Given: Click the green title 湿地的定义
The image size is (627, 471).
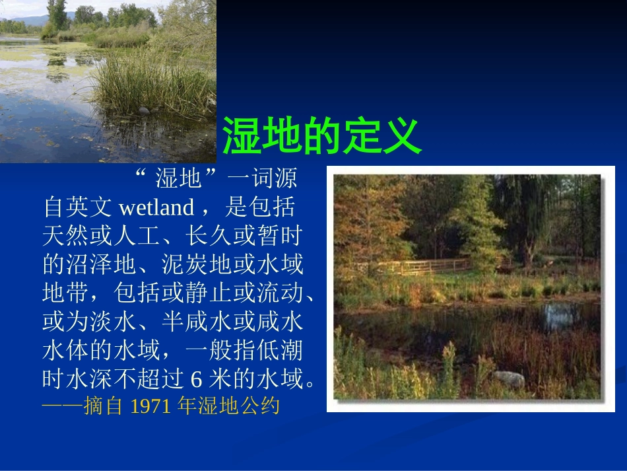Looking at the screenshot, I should click(x=321, y=136).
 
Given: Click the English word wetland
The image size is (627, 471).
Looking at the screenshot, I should click(x=156, y=208).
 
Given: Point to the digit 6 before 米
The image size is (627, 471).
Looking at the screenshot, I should click(x=196, y=380).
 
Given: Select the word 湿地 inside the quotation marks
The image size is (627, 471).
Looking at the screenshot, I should click(x=178, y=178).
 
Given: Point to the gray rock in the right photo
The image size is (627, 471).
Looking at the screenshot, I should click(x=508, y=379).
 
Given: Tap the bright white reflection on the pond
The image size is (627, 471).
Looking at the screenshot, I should click(x=561, y=316).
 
